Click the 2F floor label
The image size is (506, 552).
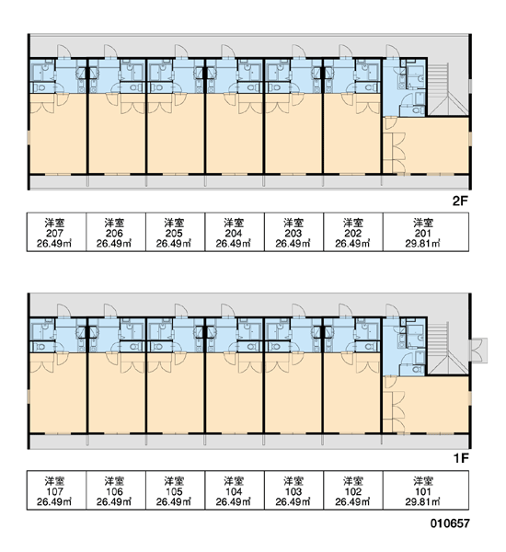460,201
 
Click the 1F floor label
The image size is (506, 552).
461,458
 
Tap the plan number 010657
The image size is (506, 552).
450,523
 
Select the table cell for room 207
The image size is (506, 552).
57,232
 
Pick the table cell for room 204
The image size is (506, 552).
235,232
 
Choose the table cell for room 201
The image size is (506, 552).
426,232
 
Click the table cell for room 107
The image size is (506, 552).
57,490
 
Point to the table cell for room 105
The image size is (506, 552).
176,490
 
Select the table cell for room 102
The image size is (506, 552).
353,490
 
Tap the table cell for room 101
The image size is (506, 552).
426,490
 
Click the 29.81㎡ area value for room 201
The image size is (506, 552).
422,244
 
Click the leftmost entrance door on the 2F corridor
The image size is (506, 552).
64,51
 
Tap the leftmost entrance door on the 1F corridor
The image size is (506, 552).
64,311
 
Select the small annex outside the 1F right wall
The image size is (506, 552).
479,351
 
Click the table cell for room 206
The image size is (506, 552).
116,232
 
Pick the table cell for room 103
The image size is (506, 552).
294,490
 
